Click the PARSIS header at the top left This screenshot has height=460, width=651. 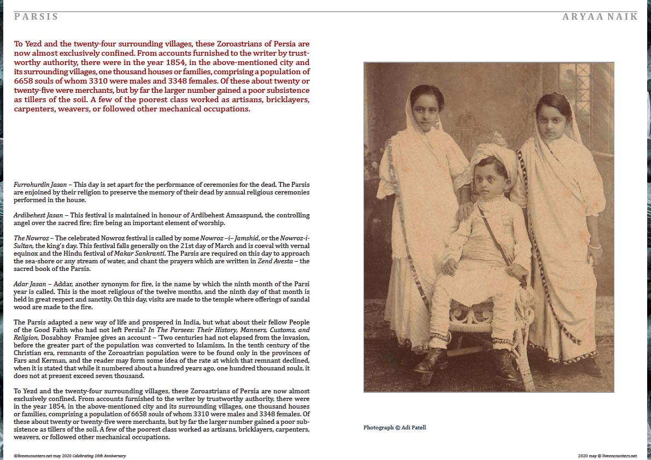(x=36, y=16)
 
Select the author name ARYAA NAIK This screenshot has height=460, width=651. (x=600, y=16)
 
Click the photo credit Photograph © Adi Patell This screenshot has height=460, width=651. (x=394, y=427)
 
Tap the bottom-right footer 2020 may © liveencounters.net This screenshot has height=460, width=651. (x=607, y=455)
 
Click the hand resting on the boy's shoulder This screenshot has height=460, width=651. (x=466, y=210)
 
